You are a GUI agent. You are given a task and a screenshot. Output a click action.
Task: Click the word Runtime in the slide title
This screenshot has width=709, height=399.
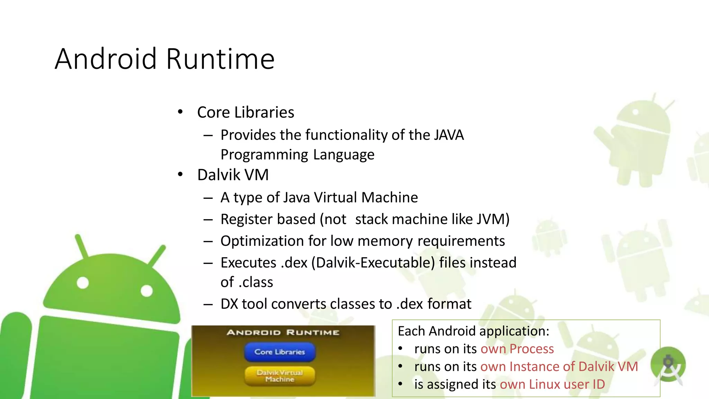[221, 59]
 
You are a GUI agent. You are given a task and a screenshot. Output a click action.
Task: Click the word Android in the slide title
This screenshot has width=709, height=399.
[106, 59]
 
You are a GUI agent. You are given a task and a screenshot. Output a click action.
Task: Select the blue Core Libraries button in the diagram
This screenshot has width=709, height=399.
[280, 352]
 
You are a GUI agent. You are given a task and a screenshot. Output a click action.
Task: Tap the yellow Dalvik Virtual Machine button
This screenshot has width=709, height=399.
[280, 376]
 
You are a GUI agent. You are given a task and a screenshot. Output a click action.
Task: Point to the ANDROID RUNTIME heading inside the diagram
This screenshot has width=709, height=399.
[283, 332]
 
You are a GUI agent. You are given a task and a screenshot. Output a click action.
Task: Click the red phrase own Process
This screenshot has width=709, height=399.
[517, 349]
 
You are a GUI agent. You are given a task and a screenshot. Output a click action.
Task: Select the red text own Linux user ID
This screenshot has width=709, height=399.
[552, 384]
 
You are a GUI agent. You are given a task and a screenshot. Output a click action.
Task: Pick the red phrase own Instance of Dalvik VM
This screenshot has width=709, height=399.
[559, 366]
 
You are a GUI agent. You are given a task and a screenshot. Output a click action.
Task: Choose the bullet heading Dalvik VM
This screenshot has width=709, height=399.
[233, 175]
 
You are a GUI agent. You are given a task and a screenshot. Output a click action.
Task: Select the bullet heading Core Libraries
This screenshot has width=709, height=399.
[245, 113]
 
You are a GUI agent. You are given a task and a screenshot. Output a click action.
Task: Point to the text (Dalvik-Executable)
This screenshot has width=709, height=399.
[373, 263]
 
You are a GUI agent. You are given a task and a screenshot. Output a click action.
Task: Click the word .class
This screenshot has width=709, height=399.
[255, 282]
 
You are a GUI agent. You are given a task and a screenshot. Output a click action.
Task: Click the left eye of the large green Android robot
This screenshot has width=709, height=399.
[83, 283]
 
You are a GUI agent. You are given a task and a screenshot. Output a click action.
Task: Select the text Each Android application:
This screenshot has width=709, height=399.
[474, 331]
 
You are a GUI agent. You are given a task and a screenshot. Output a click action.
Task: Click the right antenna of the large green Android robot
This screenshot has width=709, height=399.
[158, 256]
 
